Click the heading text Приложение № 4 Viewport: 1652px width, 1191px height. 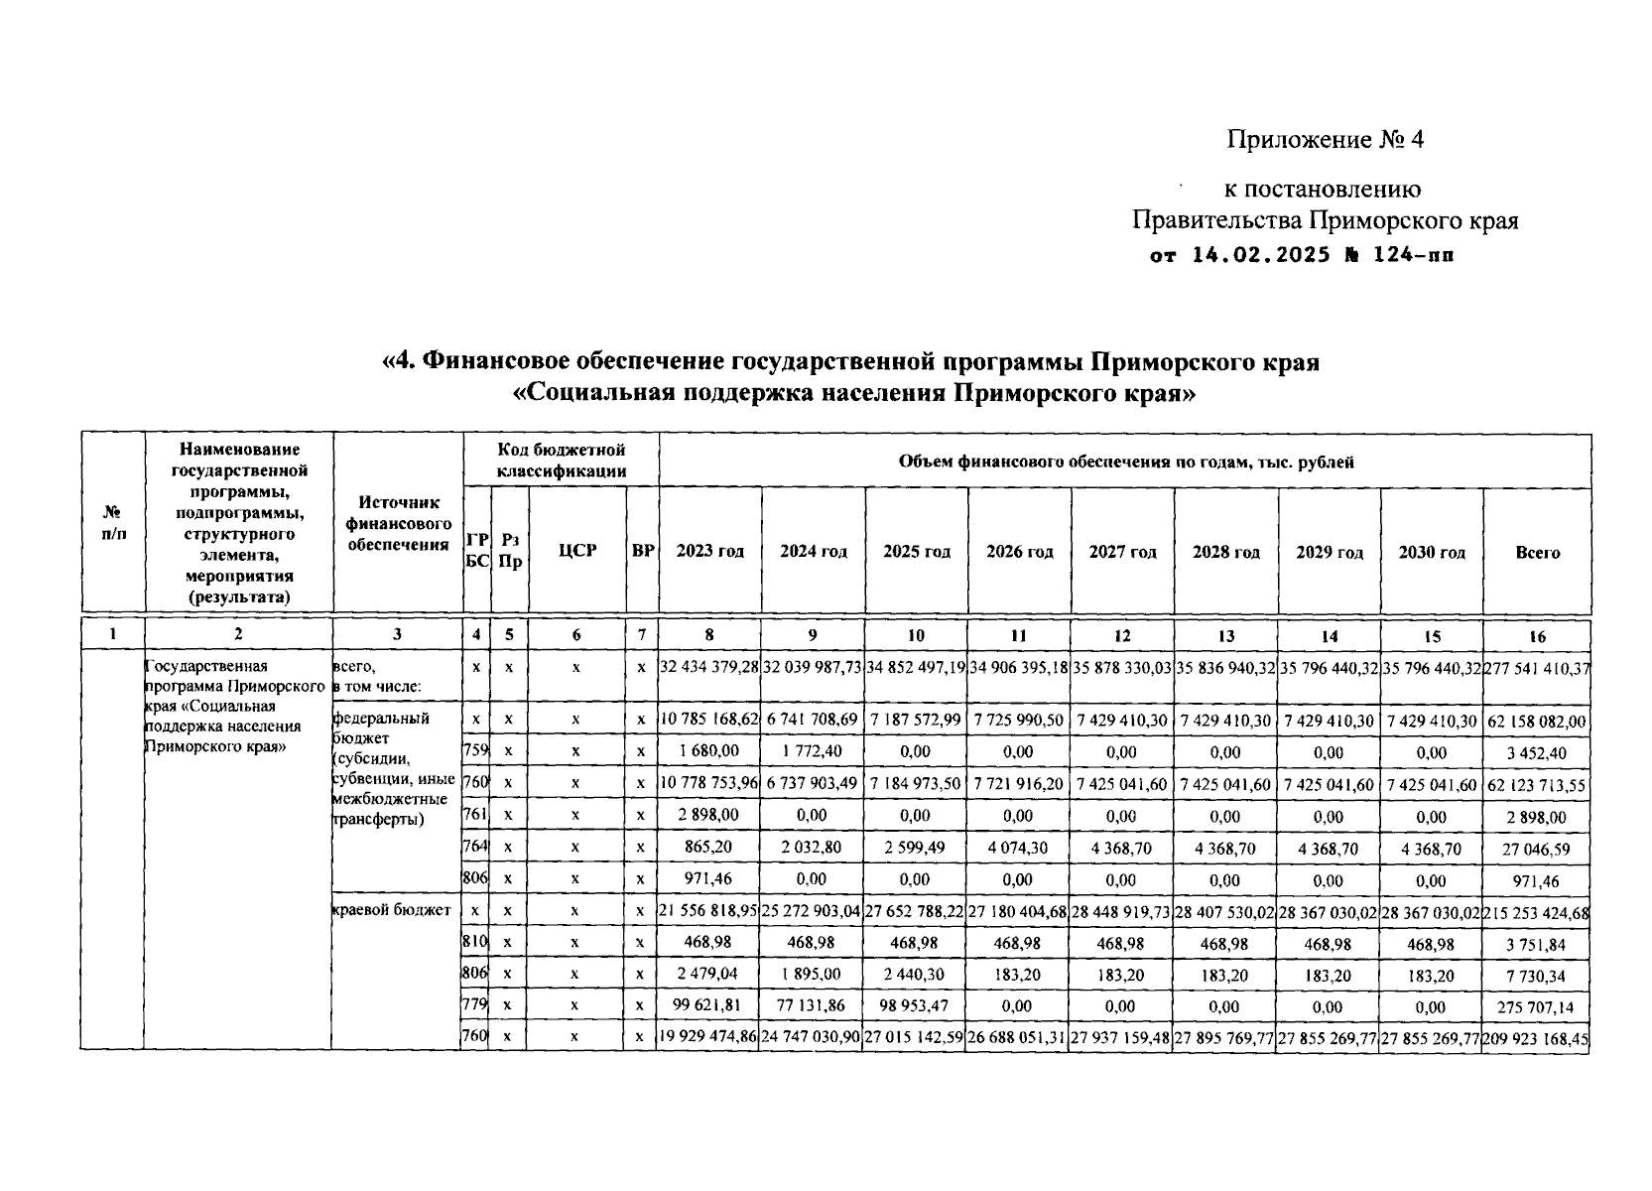coord(1325,140)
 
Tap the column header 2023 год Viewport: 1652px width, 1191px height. coord(709,552)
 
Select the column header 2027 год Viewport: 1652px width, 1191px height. coord(1122,552)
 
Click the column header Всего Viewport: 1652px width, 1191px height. coord(1537,553)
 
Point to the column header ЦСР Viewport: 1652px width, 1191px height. coord(576,550)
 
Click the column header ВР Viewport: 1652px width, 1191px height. coord(643,550)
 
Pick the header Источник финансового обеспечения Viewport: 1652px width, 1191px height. coord(398,523)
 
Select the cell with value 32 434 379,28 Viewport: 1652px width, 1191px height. coord(709,668)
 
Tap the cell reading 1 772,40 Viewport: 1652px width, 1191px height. coord(812,751)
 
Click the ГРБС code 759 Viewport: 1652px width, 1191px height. coord(475,751)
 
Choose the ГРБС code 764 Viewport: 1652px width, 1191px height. coord(475,847)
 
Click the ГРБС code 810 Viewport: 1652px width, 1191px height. coord(475,943)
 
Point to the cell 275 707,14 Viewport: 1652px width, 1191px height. coord(1537,1007)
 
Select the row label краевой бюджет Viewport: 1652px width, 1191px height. coord(391,910)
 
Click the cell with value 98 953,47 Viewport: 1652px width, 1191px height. coord(915,1005)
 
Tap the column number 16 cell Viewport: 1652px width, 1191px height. coord(1537,636)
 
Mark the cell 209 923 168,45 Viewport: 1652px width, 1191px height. coord(1537,1039)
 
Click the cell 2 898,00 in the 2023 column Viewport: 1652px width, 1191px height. coord(709,815)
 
